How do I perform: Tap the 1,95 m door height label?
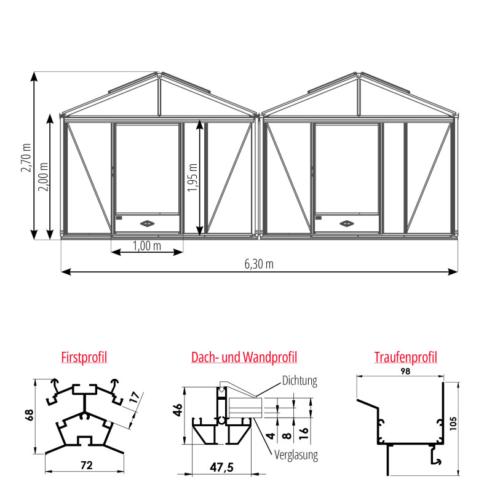pyautogui.click(x=192, y=178)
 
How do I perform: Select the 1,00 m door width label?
pyautogui.click(x=147, y=245)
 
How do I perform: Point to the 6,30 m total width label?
pyautogui.click(x=259, y=264)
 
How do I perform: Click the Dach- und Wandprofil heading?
pyautogui.click(x=244, y=357)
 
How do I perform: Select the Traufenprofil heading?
pyautogui.click(x=405, y=357)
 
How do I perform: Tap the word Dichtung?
pyautogui.click(x=300, y=381)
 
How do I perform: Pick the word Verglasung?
pyautogui.click(x=296, y=456)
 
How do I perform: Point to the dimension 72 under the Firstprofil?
pyautogui.click(x=87, y=466)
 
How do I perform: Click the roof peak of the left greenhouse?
pyautogui.click(x=159, y=74)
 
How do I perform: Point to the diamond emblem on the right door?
pyautogui.click(x=347, y=223)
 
